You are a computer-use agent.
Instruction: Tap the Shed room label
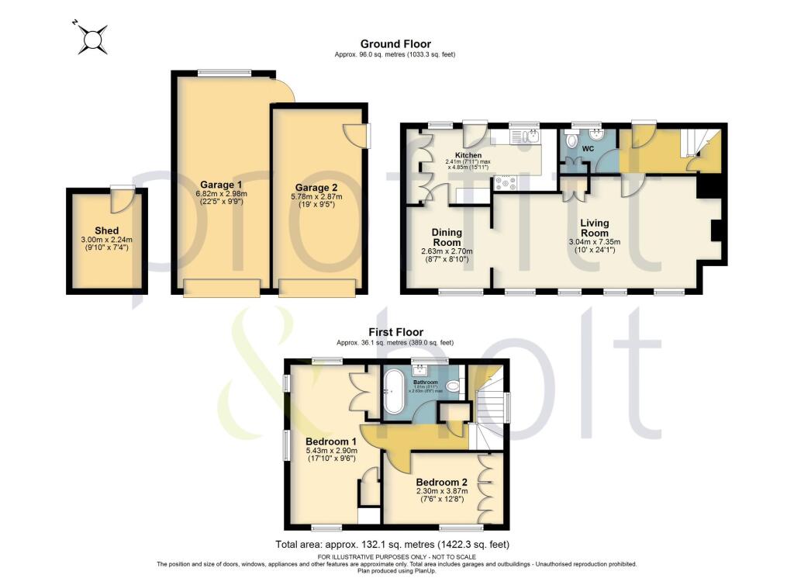107,230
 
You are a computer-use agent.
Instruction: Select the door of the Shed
120,200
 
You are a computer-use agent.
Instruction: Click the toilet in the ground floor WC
571,140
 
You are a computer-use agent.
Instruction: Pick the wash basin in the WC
595,132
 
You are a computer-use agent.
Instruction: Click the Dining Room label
447,237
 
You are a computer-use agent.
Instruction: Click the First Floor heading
395,332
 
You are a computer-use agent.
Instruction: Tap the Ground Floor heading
395,44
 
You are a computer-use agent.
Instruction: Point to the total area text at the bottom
393,544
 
